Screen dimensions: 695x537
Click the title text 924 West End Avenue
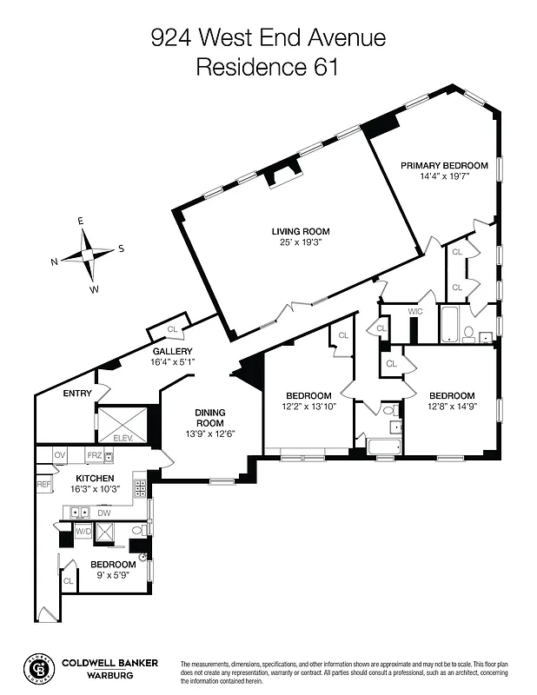[268, 37]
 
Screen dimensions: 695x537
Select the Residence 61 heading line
[268, 67]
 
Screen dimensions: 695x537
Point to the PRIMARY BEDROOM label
[444, 165]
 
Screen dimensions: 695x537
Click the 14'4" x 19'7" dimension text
[444, 175]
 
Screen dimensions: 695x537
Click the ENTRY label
[77, 394]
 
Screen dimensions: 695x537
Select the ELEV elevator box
[123, 426]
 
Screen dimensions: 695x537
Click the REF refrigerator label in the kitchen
[43, 483]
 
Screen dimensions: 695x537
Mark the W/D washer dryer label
[83, 531]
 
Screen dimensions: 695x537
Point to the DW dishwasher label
[105, 513]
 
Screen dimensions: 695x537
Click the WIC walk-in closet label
[414, 311]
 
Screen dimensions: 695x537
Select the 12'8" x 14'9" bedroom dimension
[451, 406]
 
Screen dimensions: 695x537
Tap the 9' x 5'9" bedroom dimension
[109, 574]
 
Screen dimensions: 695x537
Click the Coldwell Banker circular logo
[39, 668]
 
